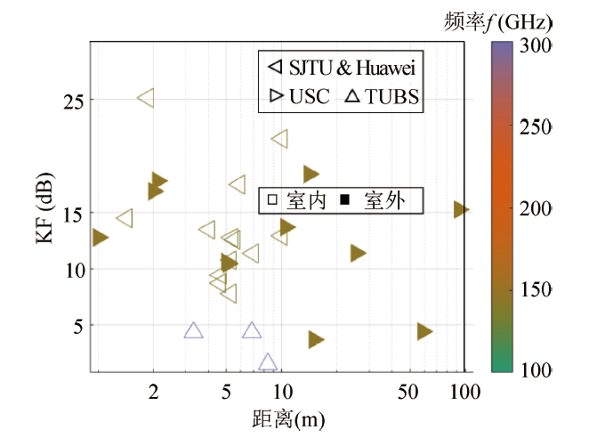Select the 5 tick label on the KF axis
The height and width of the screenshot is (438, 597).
77,326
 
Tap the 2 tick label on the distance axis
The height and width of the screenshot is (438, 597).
153,389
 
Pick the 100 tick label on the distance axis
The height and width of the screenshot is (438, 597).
464,389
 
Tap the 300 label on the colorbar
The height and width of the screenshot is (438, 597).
539,45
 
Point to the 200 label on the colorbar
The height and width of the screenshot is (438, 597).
539,207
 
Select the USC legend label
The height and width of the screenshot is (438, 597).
309,96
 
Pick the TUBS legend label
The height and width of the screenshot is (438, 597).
391,96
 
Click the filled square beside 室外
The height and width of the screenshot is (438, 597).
344,201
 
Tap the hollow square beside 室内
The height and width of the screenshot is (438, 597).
273,201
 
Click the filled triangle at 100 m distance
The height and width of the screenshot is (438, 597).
460,209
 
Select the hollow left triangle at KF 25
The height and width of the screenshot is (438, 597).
147,98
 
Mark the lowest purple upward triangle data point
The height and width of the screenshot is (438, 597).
268,361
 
